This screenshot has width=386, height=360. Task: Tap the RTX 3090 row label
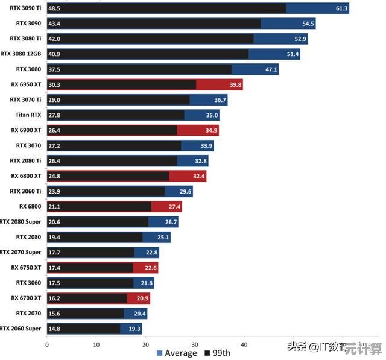tap(28, 24)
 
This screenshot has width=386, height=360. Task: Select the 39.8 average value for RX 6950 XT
tap(235, 85)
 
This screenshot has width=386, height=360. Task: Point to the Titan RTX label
tap(28, 115)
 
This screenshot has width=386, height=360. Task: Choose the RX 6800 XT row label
tap(26, 176)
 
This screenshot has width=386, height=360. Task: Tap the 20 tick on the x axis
tap(145, 345)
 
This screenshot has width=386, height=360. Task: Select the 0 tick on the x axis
tap(47, 345)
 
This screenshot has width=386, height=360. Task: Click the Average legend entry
tap(177, 353)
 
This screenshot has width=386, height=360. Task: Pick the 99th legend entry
tap(217, 353)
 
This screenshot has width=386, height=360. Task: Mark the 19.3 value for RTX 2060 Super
tap(134, 329)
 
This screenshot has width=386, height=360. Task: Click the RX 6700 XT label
tap(26, 298)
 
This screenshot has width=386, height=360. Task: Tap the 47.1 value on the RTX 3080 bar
tap(271, 69)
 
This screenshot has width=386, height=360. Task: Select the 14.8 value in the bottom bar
tap(54, 329)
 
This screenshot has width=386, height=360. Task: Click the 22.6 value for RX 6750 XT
tap(150, 268)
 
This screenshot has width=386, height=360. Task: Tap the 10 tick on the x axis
tap(96, 345)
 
